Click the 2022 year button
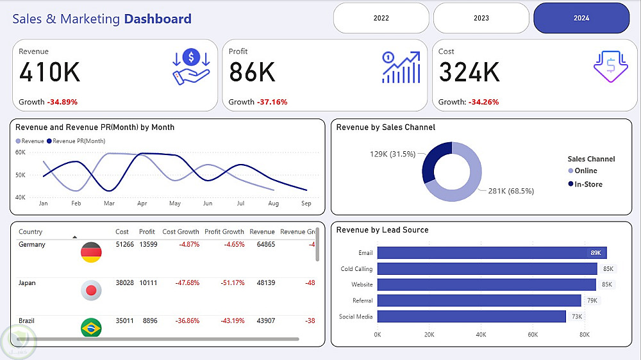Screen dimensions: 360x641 [381, 18]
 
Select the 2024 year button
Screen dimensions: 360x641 [581, 18]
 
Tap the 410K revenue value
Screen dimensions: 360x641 [50, 72]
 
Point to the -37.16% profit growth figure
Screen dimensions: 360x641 [272, 102]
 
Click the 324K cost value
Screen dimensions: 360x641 [469, 72]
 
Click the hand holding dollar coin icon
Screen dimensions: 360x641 [191, 68]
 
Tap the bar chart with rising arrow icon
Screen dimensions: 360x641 [401, 67]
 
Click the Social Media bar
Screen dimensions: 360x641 [471, 316]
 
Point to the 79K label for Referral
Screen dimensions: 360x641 [592, 300]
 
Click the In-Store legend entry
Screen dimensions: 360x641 [588, 184]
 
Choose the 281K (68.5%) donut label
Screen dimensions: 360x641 [511, 191]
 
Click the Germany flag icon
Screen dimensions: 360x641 [90, 252]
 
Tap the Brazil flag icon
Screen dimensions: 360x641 [90, 328]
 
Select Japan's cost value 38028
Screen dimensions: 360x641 [125, 283]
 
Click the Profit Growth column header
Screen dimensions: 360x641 [224, 232]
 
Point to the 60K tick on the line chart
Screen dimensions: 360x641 [20, 152]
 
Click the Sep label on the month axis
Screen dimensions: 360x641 [306, 204]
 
